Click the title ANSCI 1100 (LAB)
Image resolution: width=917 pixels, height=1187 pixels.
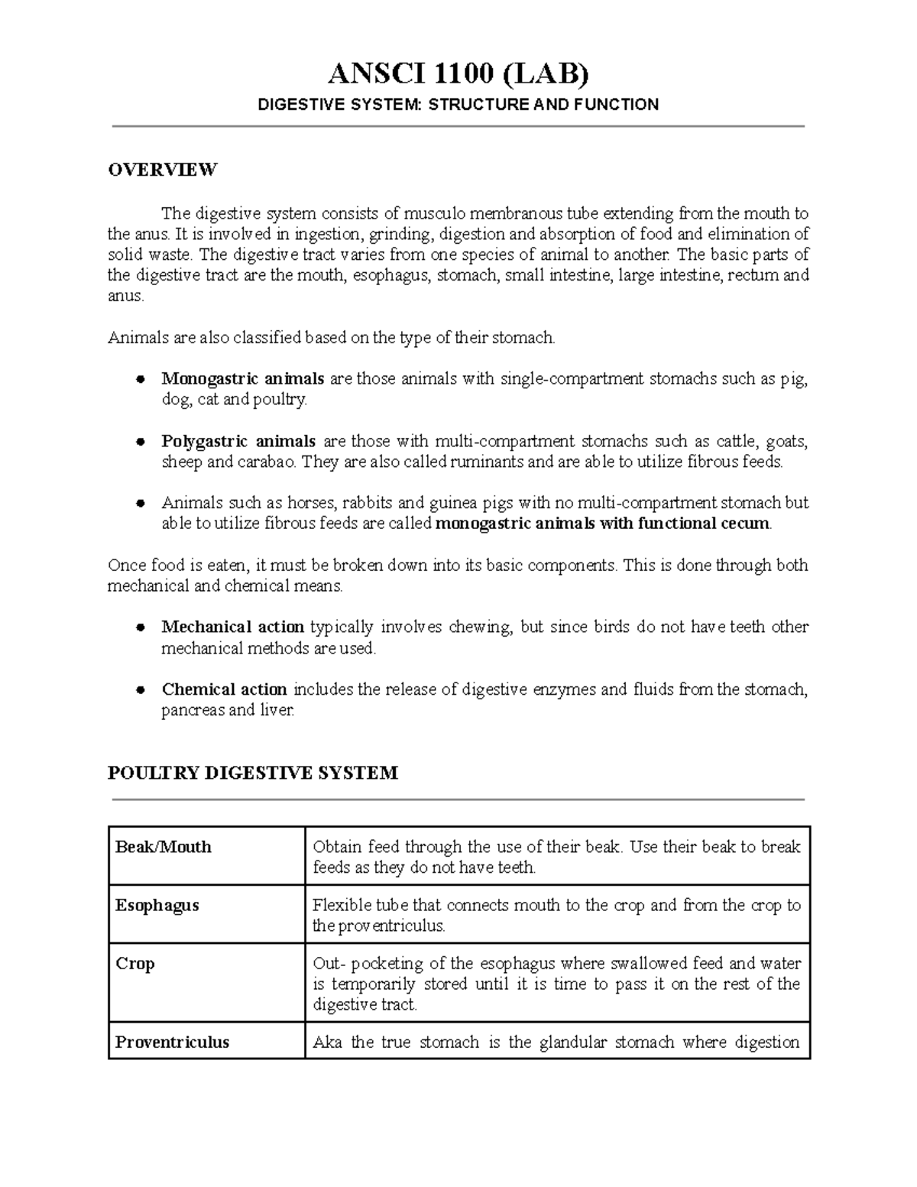coord(458,75)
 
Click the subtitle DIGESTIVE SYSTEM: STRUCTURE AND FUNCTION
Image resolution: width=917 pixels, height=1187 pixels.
coord(458,105)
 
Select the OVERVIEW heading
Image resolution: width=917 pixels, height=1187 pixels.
coord(162,170)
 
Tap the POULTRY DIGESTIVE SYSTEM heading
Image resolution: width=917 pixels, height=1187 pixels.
coord(252,773)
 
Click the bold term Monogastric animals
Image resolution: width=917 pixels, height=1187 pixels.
coord(242,378)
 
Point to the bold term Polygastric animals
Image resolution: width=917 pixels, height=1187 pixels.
coord(238,441)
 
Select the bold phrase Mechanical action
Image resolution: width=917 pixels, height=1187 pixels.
coord(232,628)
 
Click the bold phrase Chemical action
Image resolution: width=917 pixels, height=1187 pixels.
coord(224,689)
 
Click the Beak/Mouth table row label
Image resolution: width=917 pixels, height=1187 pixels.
coord(163,847)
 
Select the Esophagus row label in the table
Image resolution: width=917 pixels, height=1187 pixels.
coord(157,906)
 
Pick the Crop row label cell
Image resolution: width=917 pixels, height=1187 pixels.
coord(135,964)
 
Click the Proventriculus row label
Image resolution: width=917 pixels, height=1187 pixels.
coord(172,1043)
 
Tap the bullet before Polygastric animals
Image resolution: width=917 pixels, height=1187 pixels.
coord(140,442)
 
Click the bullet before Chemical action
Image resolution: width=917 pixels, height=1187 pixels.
coord(140,690)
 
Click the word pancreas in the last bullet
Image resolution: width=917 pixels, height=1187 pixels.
coord(193,711)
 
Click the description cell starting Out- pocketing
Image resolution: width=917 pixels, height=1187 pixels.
coord(556,984)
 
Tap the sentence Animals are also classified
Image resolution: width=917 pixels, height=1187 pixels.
coord(331,337)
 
